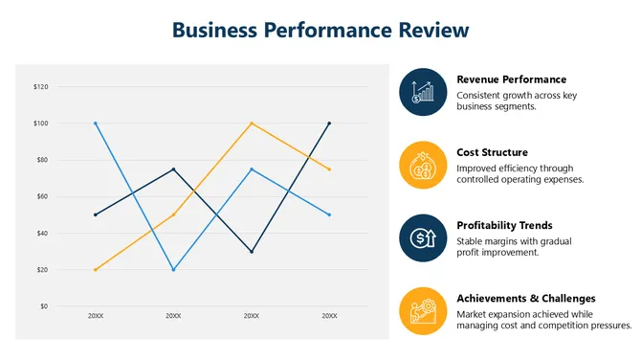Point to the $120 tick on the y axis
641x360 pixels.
coord(41,87)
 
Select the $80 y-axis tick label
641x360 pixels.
coord(41,160)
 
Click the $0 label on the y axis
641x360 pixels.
coord(43,306)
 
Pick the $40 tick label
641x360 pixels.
coord(41,234)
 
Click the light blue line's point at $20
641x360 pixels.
coord(173,270)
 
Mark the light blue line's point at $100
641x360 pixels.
coord(96,124)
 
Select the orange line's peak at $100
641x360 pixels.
coord(252,124)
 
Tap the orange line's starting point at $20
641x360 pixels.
coord(96,270)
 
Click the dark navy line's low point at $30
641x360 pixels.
coord(252,252)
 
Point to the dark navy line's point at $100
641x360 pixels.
coord(329,124)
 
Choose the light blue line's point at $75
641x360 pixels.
coord(252,169)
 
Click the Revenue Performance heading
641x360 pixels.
coord(511,79)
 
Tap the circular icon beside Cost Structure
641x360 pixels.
coord(423,166)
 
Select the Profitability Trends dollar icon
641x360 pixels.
coord(423,238)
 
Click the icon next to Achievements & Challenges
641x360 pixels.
coord(423,311)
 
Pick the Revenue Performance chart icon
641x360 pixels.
coord(423,92)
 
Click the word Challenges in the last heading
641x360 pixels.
coord(564,299)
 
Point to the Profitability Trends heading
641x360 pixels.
coord(504,226)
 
